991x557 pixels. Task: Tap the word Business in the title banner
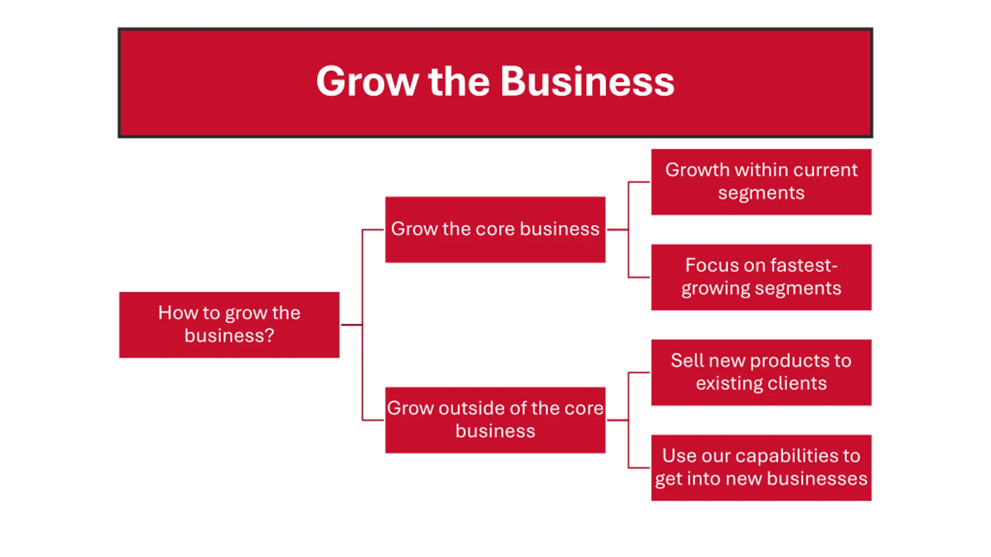[587, 82]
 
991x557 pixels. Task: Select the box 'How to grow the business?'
[229, 325]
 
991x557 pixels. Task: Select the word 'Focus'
[706, 265]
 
